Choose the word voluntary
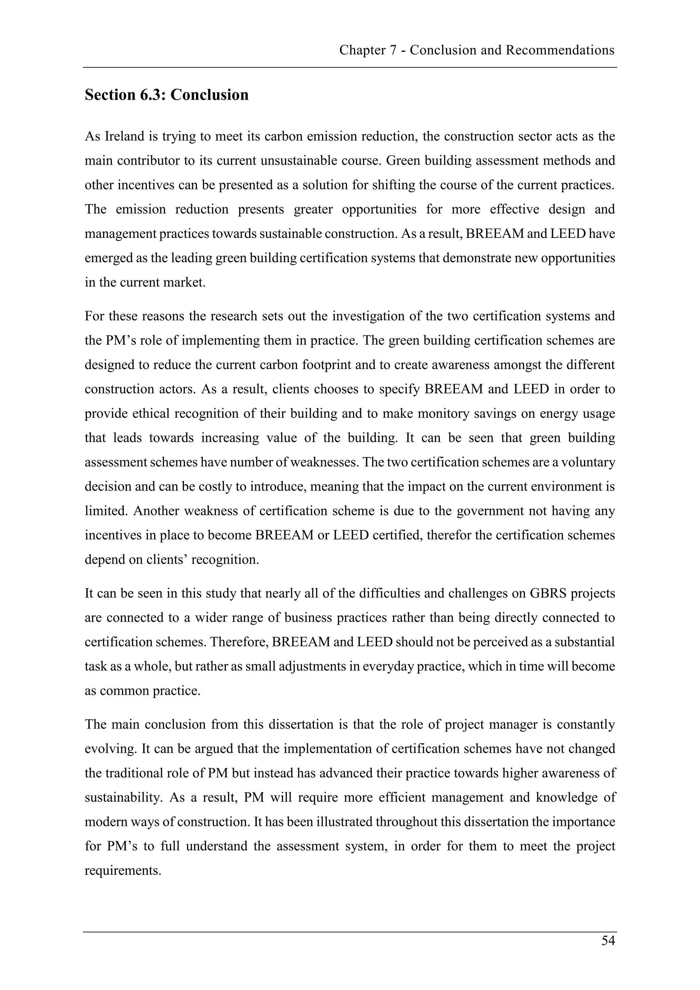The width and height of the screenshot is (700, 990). [x=587, y=462]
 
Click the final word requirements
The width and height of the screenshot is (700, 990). [x=123, y=871]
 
